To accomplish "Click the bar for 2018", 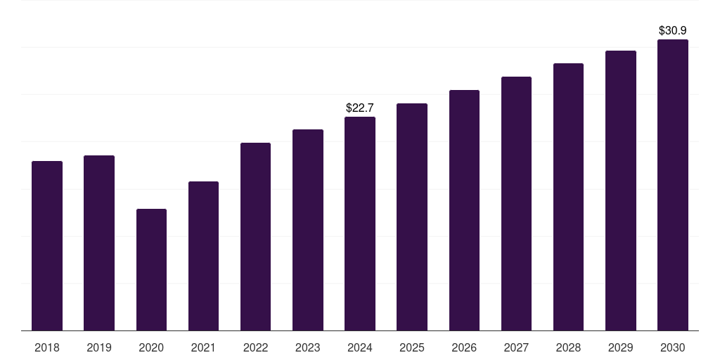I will pos(47,246).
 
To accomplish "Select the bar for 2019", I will pos(99,243).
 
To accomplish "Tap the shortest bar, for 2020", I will pos(151,270).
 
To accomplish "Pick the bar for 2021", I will pos(203,256).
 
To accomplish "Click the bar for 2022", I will pos(255,237).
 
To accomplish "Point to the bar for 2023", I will pos(308,230).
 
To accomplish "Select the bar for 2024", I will pos(360,224).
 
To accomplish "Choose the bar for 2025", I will pos(412,217).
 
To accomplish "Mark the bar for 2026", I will pos(464,210).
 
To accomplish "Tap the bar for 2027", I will pos(516,204).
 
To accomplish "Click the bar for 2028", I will pos(568,197).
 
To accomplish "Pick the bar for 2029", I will pos(621,191).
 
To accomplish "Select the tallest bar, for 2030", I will pos(673,185).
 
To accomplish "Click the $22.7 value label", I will pos(360,108).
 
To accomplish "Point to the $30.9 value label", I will pos(673,30).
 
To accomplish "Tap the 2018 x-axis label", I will pos(47,347).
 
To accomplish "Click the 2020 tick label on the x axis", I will pos(151,347).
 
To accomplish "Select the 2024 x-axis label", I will pos(360,347).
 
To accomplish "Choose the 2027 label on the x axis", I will pos(516,347).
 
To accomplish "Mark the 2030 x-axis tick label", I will pos(673,347).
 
